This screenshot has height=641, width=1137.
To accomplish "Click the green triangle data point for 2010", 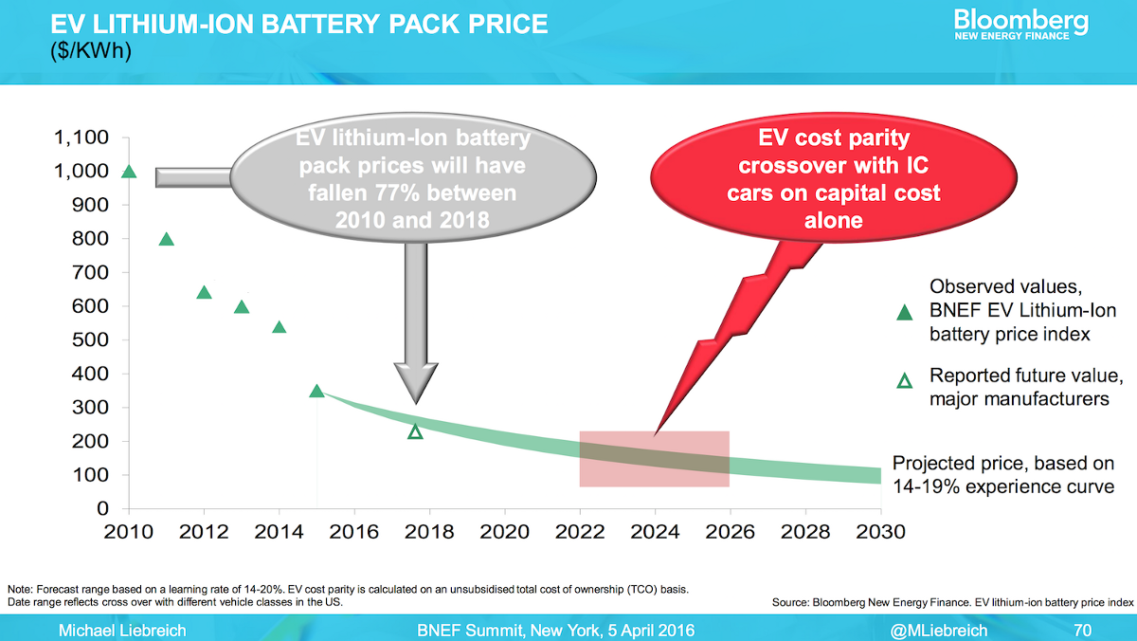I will click(x=130, y=172).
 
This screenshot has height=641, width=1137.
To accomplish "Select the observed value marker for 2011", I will click(x=167, y=239).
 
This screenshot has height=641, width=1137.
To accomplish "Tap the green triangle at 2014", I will click(x=279, y=327).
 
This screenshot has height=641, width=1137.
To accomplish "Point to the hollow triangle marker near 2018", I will click(x=415, y=432).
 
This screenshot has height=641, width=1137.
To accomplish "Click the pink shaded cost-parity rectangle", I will click(x=654, y=459).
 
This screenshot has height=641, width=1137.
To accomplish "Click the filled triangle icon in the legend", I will click(x=905, y=310).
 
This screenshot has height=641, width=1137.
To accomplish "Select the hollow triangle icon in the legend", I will click(x=905, y=381).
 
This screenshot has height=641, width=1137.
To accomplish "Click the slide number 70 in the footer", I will click(x=1083, y=630).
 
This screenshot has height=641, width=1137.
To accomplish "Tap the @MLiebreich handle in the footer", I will click(x=939, y=630).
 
